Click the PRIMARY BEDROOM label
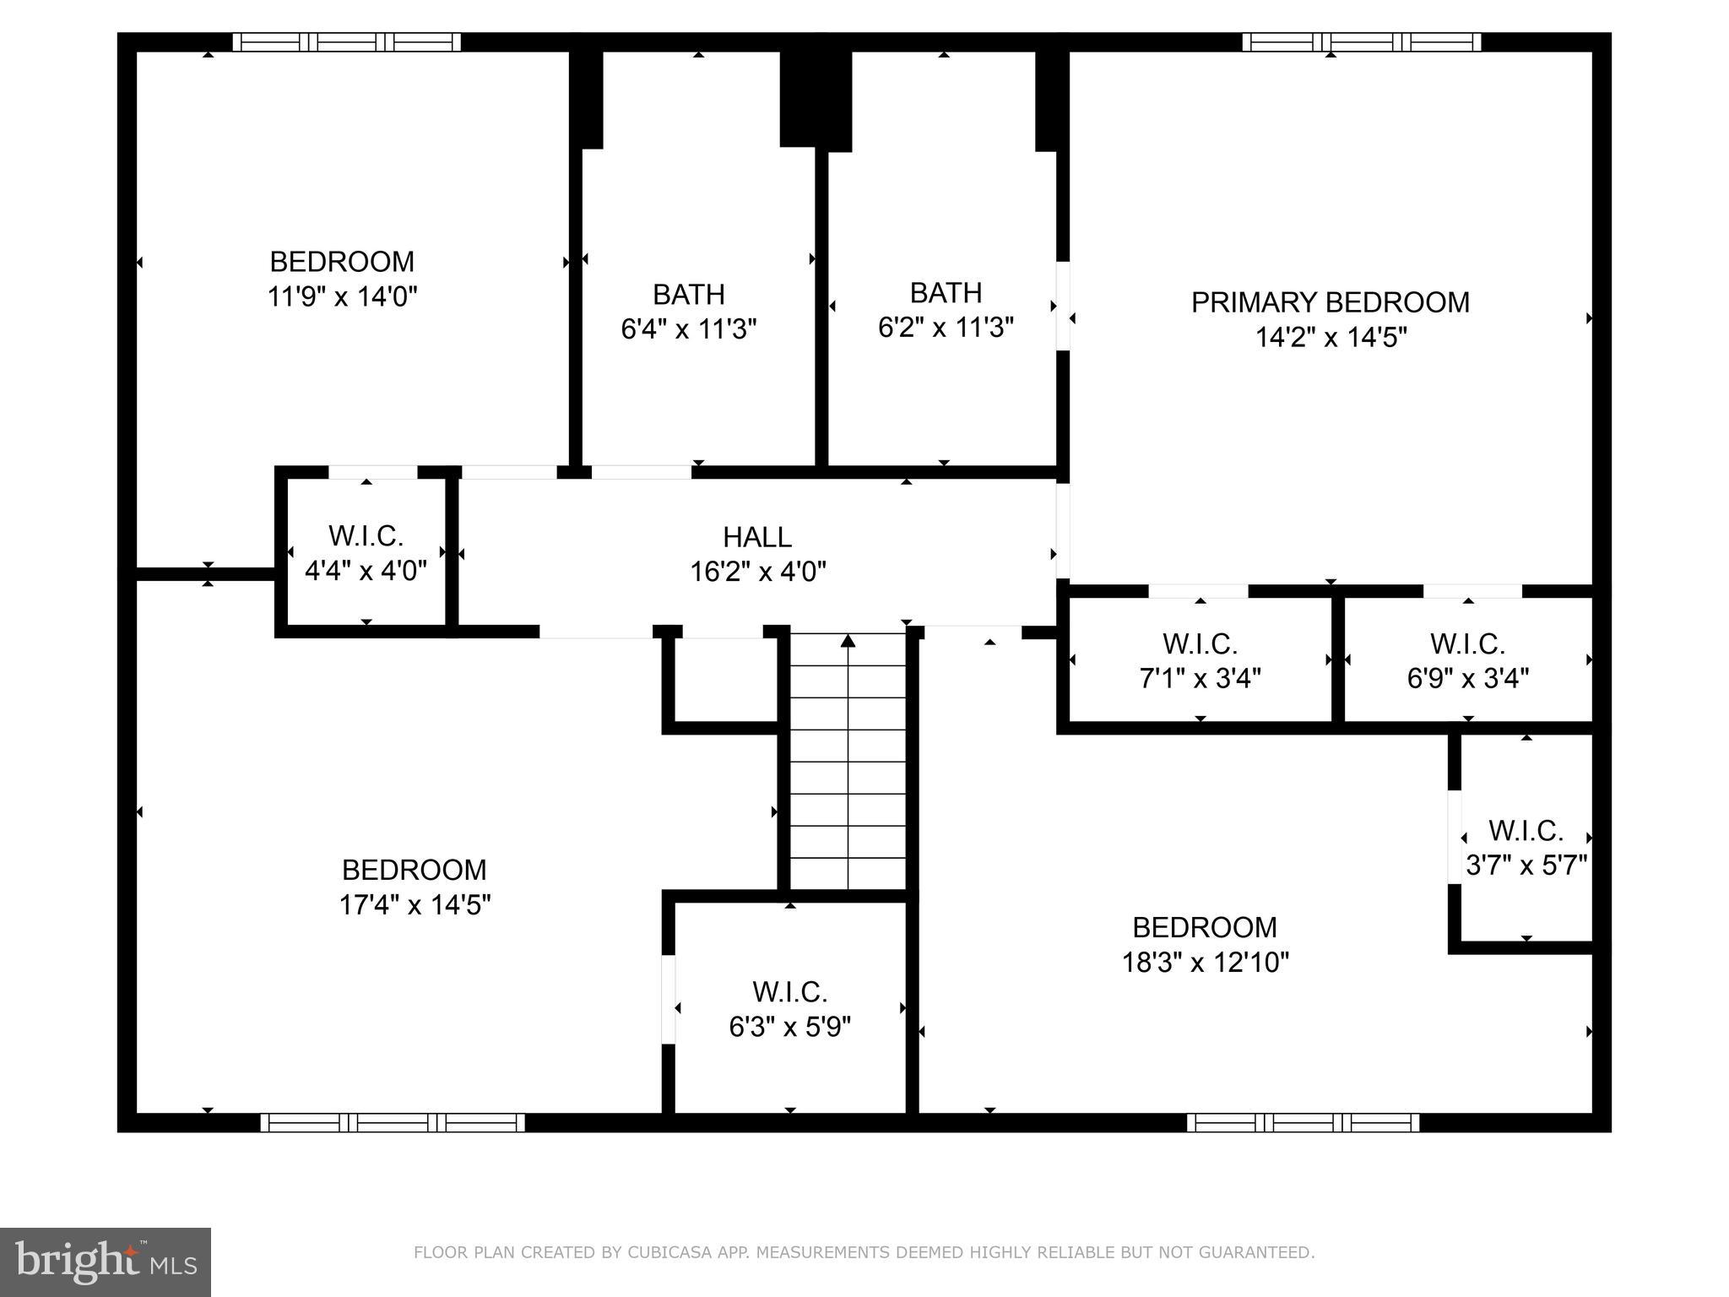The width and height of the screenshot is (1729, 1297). pyautogui.click(x=1330, y=302)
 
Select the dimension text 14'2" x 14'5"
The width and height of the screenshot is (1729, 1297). pyautogui.click(x=1331, y=338)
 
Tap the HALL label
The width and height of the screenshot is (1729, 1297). pyautogui.click(x=757, y=537)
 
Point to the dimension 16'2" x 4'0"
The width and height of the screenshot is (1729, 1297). pyautogui.click(x=757, y=573)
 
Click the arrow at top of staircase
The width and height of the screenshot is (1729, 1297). pyautogui.click(x=848, y=642)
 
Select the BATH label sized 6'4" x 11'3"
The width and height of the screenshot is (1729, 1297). pyautogui.click(x=688, y=294)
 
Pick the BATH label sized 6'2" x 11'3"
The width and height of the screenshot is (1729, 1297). pyautogui.click(x=946, y=292)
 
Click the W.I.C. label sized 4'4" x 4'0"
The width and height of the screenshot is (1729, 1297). pyautogui.click(x=366, y=535)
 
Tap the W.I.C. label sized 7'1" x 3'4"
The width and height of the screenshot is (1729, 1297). pyautogui.click(x=1200, y=643)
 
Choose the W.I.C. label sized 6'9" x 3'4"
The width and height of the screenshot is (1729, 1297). pyautogui.click(x=1467, y=643)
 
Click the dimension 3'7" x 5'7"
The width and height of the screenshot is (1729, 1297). pyautogui.click(x=1526, y=866)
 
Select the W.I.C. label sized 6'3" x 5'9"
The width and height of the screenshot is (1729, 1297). pyautogui.click(x=789, y=990)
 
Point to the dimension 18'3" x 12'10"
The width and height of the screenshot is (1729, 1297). pyautogui.click(x=1205, y=963)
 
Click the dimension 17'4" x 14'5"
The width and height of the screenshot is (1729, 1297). pyautogui.click(x=415, y=905)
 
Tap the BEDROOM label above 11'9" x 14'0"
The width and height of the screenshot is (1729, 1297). pyautogui.click(x=342, y=262)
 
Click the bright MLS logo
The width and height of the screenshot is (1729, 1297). pyautogui.click(x=106, y=1262)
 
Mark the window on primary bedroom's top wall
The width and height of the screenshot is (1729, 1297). pyautogui.click(x=1361, y=42)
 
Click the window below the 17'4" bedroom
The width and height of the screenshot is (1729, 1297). pyautogui.click(x=393, y=1122)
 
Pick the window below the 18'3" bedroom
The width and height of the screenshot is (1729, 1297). pyautogui.click(x=1303, y=1122)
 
